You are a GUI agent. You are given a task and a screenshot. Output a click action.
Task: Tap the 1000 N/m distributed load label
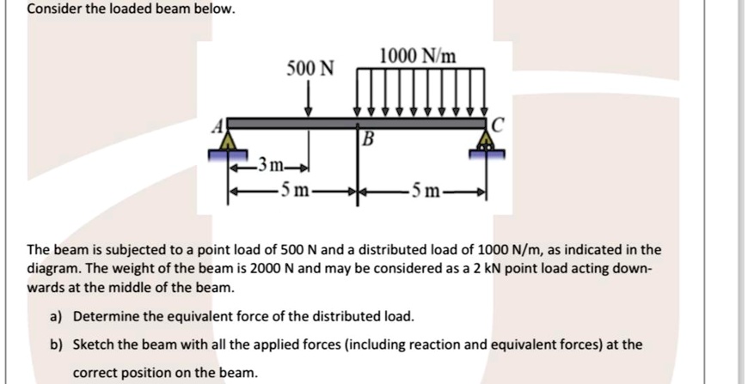(421, 58)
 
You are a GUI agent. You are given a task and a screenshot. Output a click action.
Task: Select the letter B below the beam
(368, 139)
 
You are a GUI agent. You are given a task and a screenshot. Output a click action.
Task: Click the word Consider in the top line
(53, 10)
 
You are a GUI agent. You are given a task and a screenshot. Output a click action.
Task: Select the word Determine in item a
(107, 317)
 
